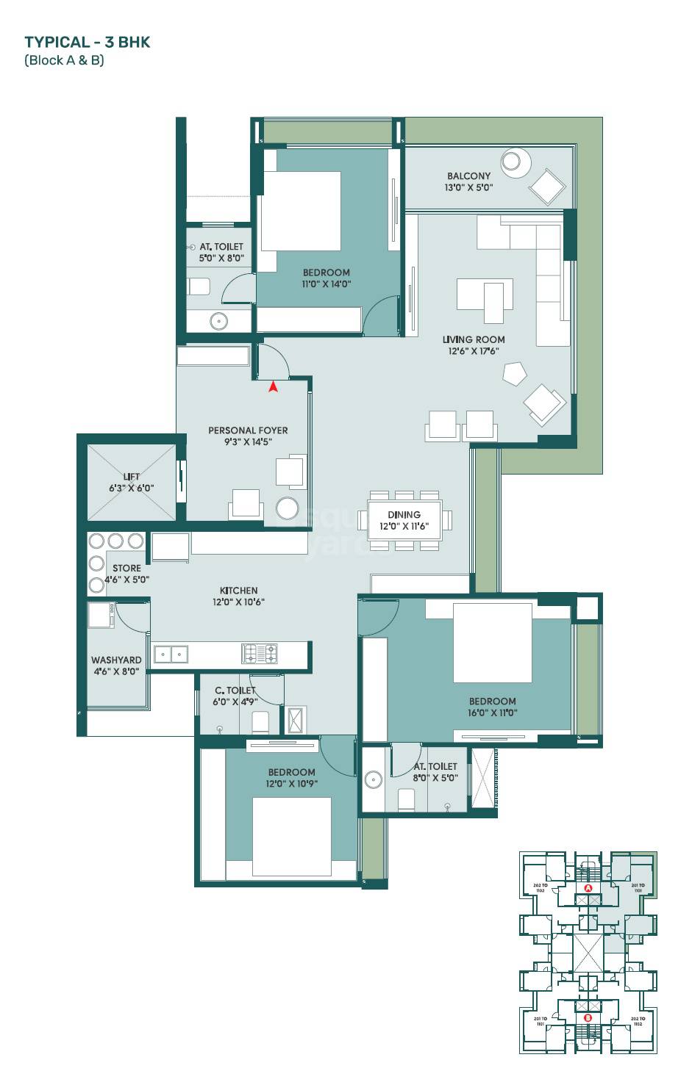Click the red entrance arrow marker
pos(273,386)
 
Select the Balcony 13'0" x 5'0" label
pos(468,181)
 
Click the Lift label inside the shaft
pos(132,482)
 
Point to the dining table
pos(404,520)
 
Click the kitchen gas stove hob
pos(260,652)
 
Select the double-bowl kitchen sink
pos(171,652)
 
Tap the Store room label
pos(126,573)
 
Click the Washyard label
pos(116,666)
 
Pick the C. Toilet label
pos(235,696)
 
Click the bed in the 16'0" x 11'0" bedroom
pos(492,643)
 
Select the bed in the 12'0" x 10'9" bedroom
pos(292,837)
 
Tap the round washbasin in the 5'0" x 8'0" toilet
pos(218,321)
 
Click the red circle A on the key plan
pos(588,888)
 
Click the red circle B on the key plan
pos(588,1018)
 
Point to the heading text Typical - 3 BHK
pos(87,42)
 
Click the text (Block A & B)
pos(65,60)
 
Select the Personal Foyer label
pos(248,436)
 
